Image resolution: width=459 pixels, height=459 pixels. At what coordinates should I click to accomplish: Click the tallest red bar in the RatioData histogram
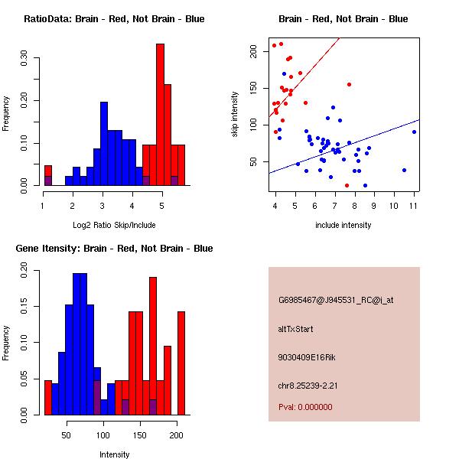tap(160, 115)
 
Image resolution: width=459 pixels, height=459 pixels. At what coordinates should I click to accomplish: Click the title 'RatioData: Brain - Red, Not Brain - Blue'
tap(114, 19)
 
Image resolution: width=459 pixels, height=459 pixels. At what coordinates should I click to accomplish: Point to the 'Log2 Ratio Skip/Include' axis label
tap(114, 226)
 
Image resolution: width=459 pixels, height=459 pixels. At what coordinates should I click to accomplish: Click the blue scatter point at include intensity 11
tap(414, 132)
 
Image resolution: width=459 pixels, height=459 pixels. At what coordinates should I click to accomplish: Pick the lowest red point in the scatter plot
tap(347, 185)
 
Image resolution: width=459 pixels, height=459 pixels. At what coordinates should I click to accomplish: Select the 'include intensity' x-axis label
tap(343, 226)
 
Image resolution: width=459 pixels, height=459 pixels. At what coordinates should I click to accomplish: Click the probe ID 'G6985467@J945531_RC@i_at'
tap(336, 301)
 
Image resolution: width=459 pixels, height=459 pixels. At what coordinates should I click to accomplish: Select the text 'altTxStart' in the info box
tap(295, 329)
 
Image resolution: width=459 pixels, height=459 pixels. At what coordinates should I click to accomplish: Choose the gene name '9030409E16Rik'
tap(304, 357)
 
